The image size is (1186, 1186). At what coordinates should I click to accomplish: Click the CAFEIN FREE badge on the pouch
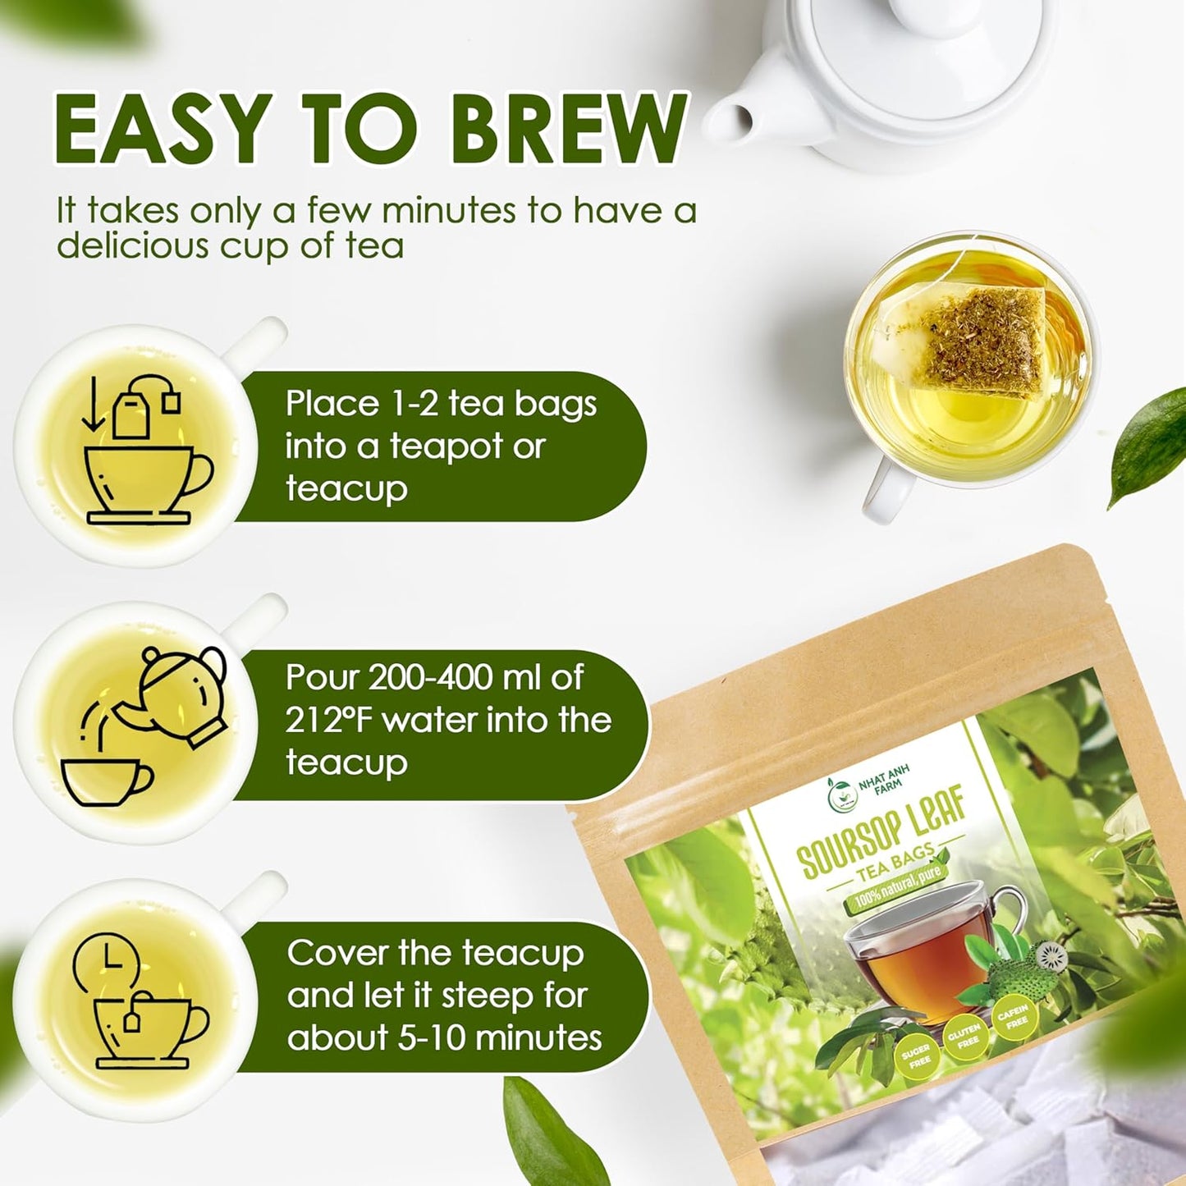(x=1013, y=1019)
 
